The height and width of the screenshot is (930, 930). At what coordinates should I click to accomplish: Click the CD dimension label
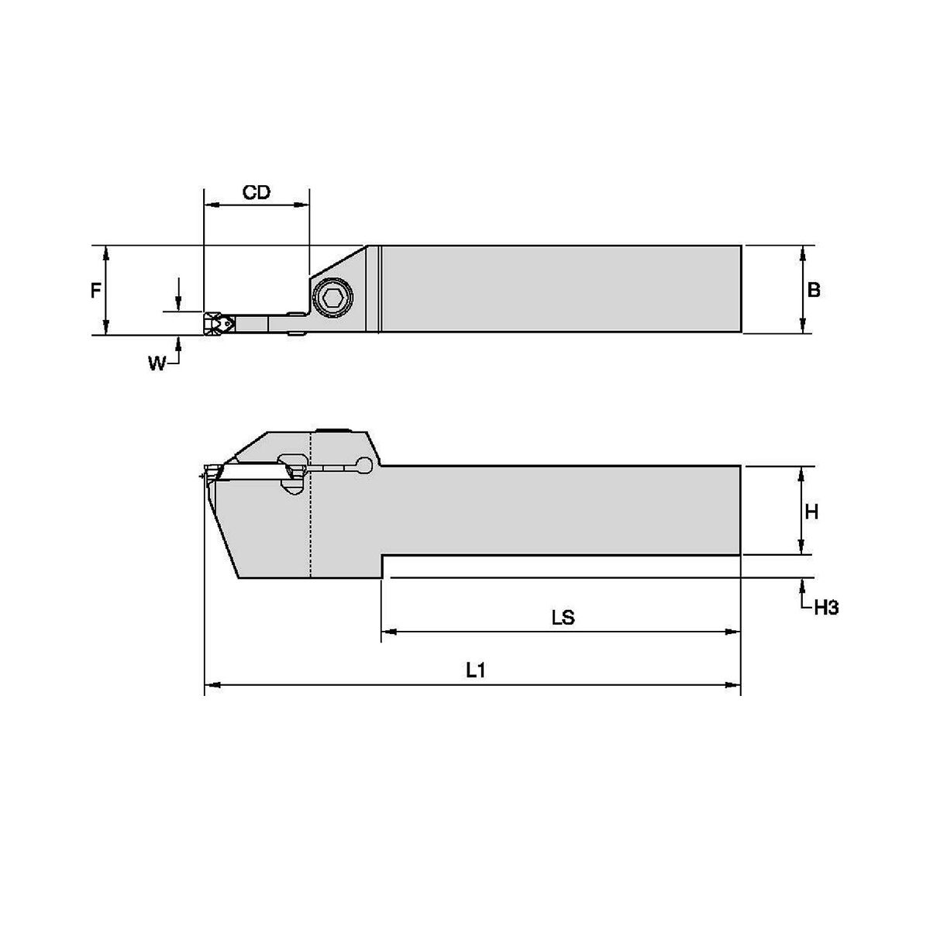click(257, 192)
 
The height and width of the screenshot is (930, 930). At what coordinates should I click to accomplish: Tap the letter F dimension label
click(96, 291)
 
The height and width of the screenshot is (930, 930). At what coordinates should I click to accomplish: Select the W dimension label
click(157, 363)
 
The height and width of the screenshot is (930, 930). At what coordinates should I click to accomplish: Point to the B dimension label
click(814, 290)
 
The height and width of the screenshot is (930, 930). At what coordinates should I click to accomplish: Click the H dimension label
click(811, 511)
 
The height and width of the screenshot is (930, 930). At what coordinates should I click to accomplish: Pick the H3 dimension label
click(826, 608)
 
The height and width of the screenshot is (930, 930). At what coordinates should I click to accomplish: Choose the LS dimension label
click(563, 618)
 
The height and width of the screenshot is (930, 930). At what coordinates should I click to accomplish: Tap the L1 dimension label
click(475, 670)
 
